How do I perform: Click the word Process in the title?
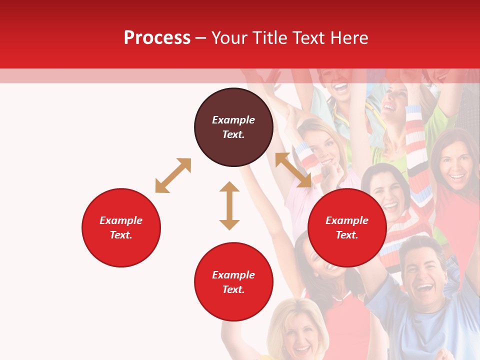tap(157, 38)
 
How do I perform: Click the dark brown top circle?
tap(233, 127)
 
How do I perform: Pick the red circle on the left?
tap(121, 227)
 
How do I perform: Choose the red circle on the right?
tap(347, 227)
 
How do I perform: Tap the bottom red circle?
tap(233, 282)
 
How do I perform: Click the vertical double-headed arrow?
tap(229, 205)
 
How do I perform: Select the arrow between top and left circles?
tap(173, 175)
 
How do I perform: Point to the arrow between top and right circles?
tap(293, 170)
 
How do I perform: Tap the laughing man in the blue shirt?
tap(422, 280)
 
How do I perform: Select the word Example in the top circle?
tap(233, 120)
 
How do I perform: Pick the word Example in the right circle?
tap(347, 220)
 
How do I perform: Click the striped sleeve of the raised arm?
tap(417, 150)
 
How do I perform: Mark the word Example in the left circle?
tap(121, 220)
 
